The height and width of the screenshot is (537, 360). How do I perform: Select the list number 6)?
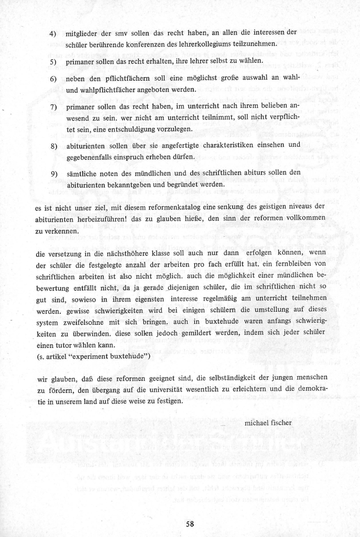click(53, 79)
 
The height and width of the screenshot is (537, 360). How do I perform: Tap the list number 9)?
click(53, 173)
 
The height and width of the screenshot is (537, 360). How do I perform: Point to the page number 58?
click(190, 524)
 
